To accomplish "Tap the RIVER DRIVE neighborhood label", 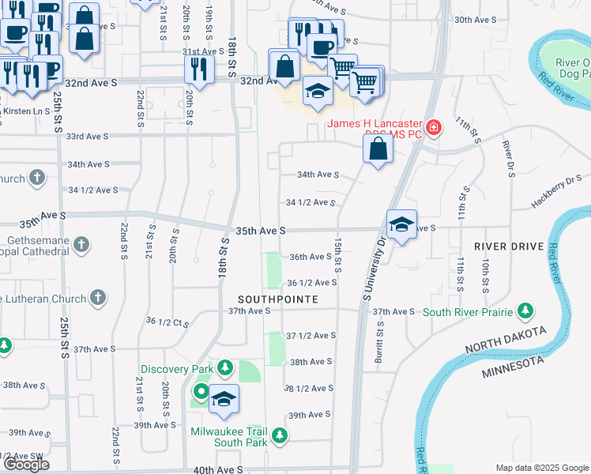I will tap(509, 246).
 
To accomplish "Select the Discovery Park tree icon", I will tap(225, 368).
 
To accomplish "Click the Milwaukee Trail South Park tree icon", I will tap(279, 434).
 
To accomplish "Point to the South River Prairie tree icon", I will tap(524, 311).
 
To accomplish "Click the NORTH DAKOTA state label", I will tap(503, 342).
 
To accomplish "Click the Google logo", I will tap(26, 465).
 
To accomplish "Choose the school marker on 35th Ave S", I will tap(401, 225).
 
